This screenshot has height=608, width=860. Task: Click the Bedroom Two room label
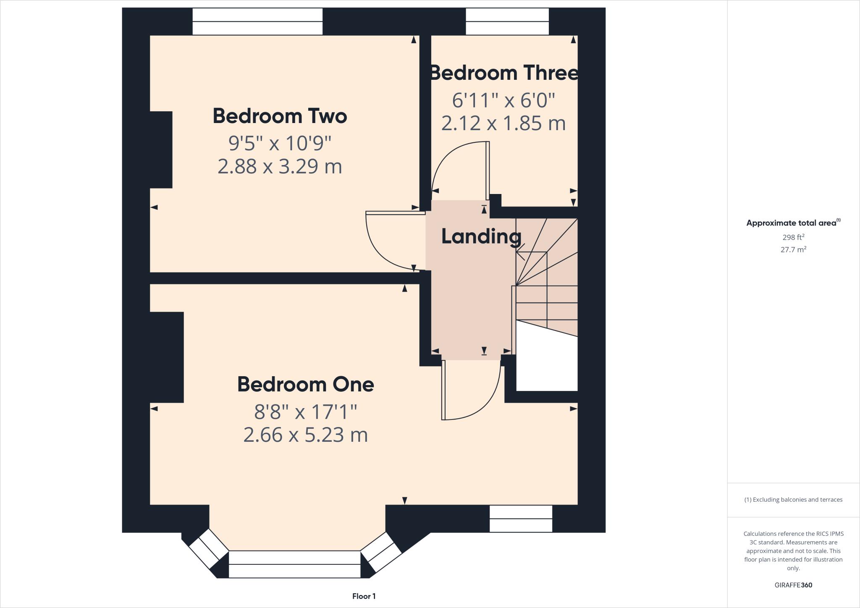click(x=280, y=116)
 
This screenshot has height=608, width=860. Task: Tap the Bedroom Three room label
click(x=503, y=73)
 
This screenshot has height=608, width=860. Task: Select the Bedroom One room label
click(x=305, y=384)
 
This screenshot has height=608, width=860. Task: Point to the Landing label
click(x=481, y=236)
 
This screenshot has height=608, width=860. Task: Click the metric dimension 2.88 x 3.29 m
click(x=280, y=167)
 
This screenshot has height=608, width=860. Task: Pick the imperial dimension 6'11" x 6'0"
click(x=503, y=100)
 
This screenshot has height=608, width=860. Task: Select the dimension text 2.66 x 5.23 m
click(x=305, y=435)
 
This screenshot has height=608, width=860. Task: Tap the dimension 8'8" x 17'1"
click(x=305, y=412)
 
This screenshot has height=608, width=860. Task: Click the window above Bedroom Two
click(x=257, y=21)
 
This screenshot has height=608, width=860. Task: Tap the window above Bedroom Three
click(x=507, y=21)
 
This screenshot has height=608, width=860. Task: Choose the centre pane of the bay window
click(x=294, y=564)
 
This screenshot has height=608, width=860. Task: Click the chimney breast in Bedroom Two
click(x=161, y=149)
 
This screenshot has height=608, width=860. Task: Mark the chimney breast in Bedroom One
click(x=167, y=357)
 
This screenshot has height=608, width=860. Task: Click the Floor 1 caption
click(x=364, y=596)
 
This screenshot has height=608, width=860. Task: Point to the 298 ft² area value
click(x=793, y=237)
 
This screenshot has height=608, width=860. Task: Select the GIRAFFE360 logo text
click(x=793, y=585)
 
